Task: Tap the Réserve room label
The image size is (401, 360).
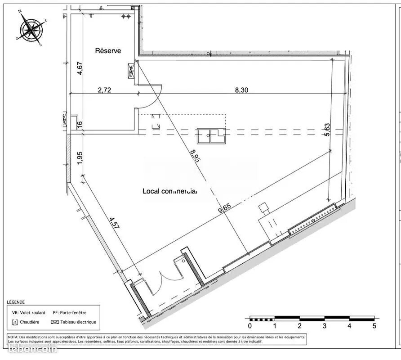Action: click(108, 51)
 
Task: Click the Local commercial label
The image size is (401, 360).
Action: click(170, 191)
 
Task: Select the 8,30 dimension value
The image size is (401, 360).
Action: click(241, 90)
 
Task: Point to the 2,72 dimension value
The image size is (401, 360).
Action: click(104, 90)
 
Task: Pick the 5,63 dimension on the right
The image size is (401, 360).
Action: click(327, 130)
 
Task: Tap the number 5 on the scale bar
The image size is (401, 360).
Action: click(374, 326)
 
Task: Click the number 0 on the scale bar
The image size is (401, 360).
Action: click(250, 326)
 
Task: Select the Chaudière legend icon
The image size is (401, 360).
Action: click(16, 322)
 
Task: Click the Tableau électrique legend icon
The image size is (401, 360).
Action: click(55, 322)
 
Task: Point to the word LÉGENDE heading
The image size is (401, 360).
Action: click(16, 302)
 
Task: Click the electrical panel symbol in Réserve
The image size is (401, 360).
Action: click(132, 71)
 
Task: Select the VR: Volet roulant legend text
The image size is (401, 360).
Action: click(29, 312)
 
